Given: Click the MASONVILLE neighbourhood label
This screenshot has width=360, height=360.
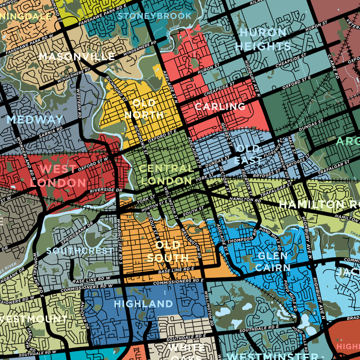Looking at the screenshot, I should click(77, 56).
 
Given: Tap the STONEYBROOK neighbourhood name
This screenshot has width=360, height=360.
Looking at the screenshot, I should click(155, 16).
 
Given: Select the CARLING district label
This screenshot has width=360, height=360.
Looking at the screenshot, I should click(220, 106).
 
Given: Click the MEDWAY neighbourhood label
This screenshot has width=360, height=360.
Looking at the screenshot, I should click(35, 119).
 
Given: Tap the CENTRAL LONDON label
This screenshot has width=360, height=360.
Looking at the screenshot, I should click(167, 174).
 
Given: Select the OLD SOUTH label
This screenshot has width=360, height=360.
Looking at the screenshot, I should click(168, 251).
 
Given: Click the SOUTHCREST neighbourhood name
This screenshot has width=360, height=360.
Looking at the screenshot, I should click(80, 251).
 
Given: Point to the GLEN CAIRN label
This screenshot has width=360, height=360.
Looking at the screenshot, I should click(273, 262).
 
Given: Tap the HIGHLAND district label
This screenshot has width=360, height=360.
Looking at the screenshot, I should click(143, 304).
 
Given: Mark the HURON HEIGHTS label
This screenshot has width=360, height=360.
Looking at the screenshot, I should click(262, 39).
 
